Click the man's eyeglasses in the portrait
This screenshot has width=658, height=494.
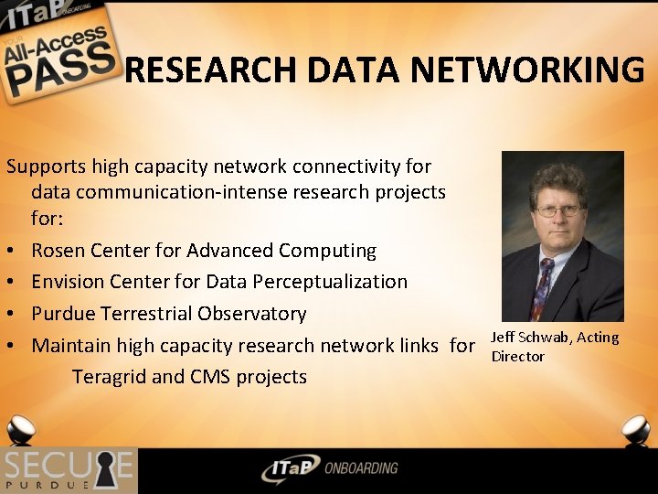[x=557, y=211]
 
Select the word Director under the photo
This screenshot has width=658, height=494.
[x=517, y=356]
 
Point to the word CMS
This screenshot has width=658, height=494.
[x=211, y=377]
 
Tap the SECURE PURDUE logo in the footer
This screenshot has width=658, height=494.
[x=68, y=470]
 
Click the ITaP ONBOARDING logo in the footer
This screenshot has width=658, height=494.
[x=328, y=468]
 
